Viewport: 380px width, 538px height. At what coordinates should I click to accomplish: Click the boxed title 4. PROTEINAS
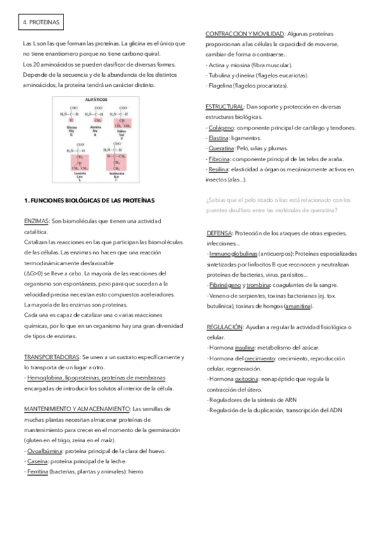pos(40,22)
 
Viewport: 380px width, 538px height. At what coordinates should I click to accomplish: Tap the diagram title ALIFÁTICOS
pos(96,100)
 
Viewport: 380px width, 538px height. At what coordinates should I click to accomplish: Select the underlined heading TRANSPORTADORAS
pos(51,357)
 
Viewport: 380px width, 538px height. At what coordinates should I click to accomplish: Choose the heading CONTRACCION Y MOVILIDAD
pos(244,33)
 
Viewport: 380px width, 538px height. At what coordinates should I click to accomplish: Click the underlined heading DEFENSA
pos(219,233)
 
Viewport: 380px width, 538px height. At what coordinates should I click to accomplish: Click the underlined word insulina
pos(245,347)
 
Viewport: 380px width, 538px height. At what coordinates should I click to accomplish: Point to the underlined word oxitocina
pos(247,378)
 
